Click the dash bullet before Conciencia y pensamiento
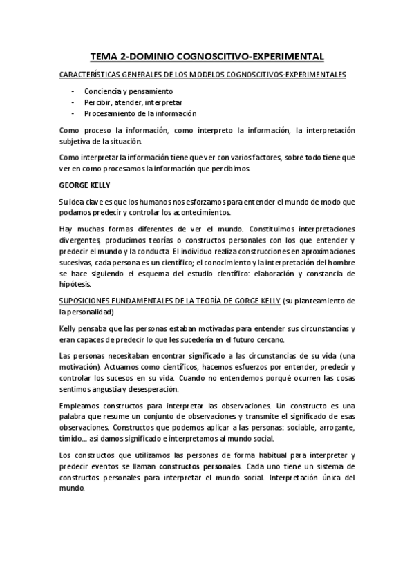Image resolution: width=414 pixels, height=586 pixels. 73,91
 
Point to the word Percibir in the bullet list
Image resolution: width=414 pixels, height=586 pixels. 98,102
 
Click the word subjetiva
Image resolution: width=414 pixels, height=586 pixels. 77,141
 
